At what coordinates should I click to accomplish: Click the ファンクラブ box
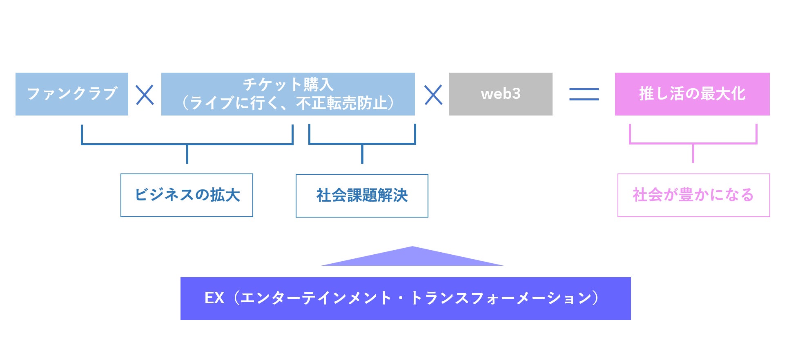[72, 94]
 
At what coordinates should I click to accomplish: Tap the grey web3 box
[500, 94]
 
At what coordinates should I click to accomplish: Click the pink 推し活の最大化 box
[692, 94]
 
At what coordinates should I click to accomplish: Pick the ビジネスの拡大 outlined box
[187, 195]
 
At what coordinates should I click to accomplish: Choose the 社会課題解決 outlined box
[362, 196]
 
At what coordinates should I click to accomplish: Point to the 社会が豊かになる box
[693, 195]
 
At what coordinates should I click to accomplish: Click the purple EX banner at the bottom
[405, 298]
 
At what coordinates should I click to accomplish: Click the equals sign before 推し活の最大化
[584, 94]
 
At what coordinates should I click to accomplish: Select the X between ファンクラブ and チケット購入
[145, 95]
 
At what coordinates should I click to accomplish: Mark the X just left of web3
[433, 95]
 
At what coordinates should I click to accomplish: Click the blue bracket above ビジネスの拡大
[187, 144]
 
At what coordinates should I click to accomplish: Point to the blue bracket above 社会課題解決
[362, 144]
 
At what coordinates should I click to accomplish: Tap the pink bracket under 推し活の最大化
[693, 143]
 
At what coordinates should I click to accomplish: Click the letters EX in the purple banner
[214, 298]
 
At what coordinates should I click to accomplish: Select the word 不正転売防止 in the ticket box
[341, 103]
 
